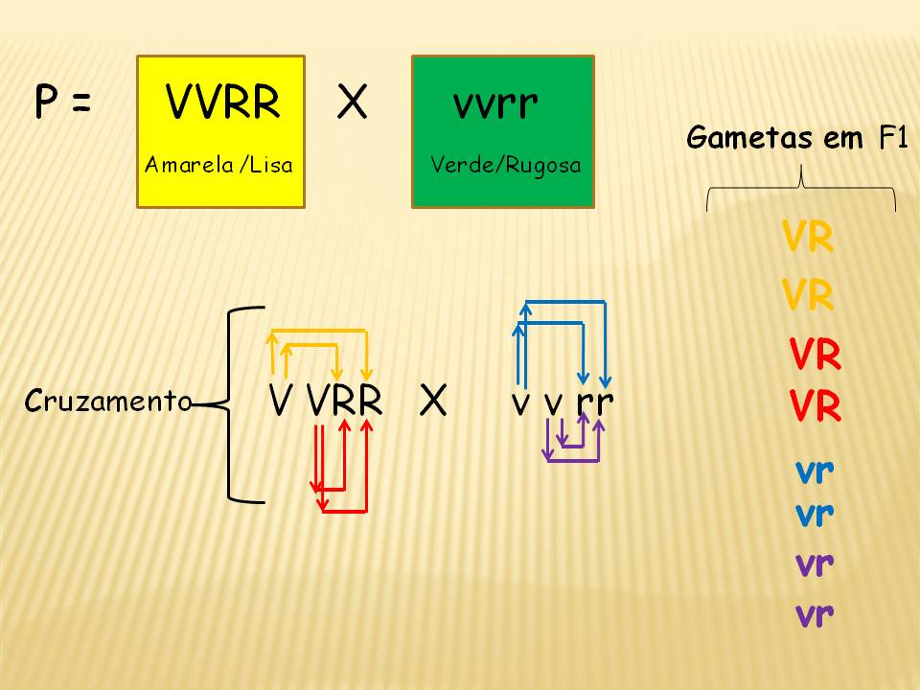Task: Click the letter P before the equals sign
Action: tap(46, 102)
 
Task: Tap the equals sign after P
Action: tap(81, 103)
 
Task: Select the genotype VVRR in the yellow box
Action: tap(222, 102)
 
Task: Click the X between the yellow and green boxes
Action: tap(352, 102)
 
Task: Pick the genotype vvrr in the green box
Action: tap(495, 104)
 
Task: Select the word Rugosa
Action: tap(543, 166)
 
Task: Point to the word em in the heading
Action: tap(843, 140)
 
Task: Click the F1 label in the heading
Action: tap(892, 138)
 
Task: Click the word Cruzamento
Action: tap(108, 402)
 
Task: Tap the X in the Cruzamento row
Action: tap(433, 402)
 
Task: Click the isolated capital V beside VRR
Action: tap(280, 401)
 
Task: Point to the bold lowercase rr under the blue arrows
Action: tap(595, 402)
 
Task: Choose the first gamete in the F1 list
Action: tap(808, 237)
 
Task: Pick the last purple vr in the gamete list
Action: tap(815, 615)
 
